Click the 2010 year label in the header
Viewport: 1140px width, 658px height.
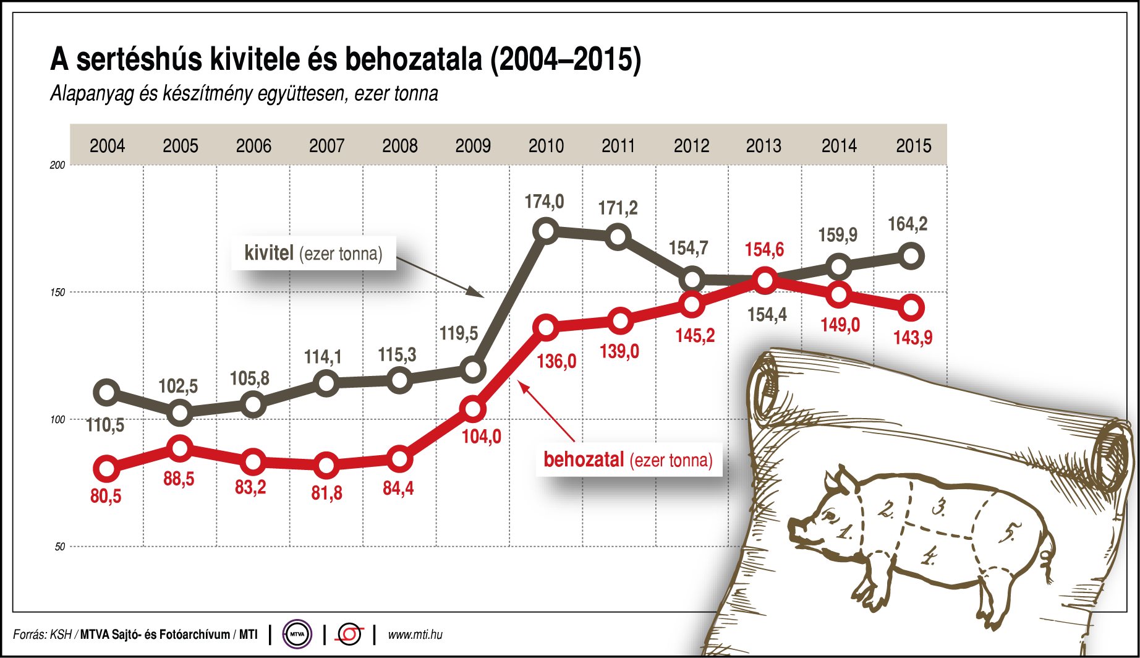coord(546,146)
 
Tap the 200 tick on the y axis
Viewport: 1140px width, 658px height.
coord(57,165)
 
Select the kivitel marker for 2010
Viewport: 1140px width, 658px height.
coord(547,231)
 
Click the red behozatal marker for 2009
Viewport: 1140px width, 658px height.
coord(473,409)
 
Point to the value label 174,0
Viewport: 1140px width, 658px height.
coord(544,202)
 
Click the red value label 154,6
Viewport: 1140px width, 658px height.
coord(764,249)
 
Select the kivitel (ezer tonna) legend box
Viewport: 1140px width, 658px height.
coord(313,253)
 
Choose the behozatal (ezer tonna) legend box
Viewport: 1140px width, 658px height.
coord(628,459)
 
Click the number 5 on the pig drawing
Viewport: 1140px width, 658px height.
coord(1009,532)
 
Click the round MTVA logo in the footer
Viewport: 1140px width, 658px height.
coord(297,634)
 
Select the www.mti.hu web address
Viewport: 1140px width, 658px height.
coord(415,634)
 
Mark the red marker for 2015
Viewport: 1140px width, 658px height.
coord(912,307)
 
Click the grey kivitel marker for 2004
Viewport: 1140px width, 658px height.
coord(106,392)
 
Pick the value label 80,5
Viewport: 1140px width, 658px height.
coord(106,496)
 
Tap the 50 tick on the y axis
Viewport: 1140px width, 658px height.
coord(59,547)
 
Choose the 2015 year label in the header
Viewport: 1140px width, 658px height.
coord(913,146)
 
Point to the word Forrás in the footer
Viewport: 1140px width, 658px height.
coord(28,634)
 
